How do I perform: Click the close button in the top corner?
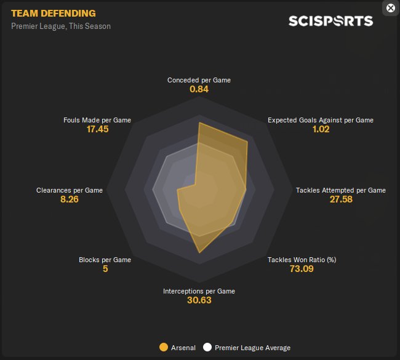390,8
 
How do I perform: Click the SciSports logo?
330,21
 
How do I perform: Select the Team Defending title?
53,13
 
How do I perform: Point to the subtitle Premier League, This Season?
61,26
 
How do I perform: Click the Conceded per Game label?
199,80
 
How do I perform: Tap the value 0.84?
199,89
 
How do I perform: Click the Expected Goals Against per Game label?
321,120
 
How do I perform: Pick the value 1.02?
321,129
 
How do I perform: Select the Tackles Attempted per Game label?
341,190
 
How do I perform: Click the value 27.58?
341,199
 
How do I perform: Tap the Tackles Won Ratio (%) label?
302,260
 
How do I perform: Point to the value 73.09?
302,269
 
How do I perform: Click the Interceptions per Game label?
199,291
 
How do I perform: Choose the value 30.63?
199,300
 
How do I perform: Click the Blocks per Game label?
105,260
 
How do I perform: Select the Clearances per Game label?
70,190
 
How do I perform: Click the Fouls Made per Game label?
97,120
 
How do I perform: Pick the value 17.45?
97,129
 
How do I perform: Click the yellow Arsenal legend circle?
163,347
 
